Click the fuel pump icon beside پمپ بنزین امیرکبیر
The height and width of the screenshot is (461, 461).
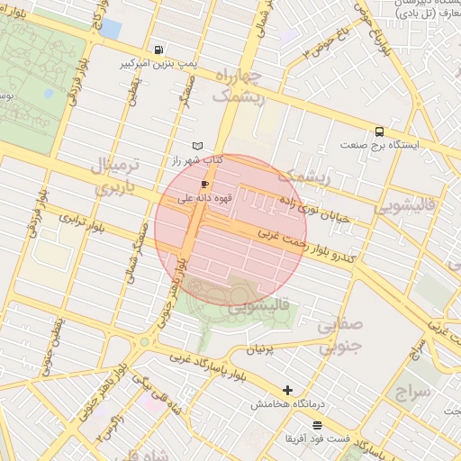[159, 50]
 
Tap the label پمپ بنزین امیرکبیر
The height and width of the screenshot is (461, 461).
[158, 65]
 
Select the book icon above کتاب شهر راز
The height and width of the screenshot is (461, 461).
[198, 146]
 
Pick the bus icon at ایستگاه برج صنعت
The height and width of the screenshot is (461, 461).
[379, 131]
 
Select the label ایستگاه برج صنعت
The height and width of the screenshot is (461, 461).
[376, 144]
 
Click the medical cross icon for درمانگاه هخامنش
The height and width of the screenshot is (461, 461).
[287, 391]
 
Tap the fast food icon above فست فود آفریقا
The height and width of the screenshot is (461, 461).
[316, 425]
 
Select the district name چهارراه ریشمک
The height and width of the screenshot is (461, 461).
[239, 87]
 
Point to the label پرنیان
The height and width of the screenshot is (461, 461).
[258, 346]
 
